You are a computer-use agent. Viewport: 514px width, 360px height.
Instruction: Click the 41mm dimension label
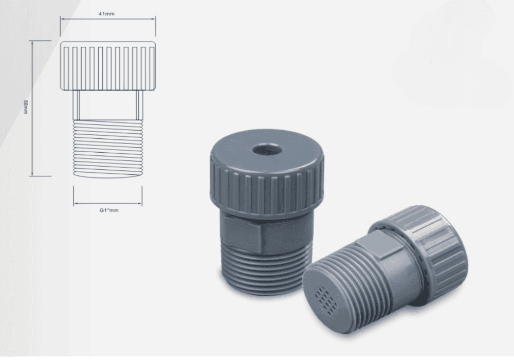106,14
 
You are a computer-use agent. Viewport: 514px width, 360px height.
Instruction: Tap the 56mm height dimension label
25,107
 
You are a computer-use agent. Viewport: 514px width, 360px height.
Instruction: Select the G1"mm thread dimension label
109,210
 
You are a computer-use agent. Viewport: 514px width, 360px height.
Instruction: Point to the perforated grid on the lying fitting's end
326,299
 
